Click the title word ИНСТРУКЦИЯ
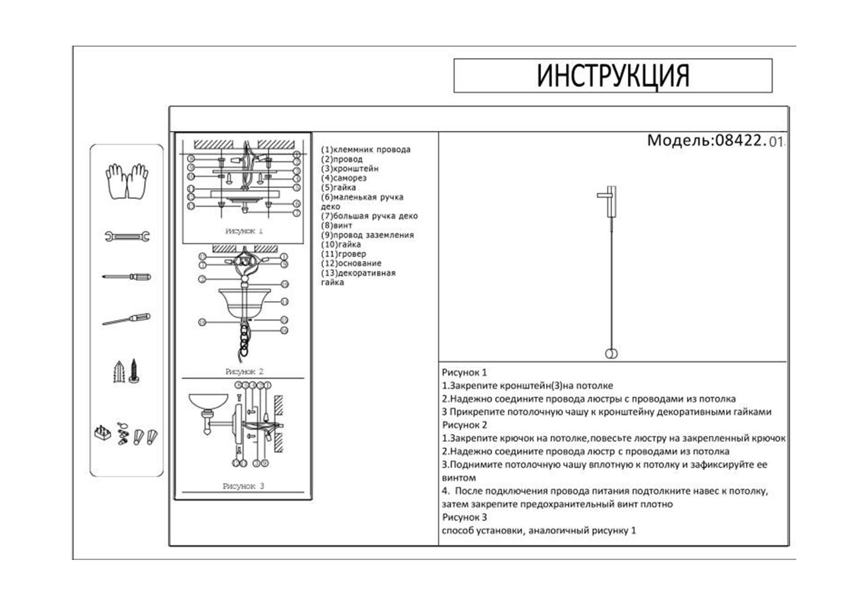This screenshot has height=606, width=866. click(x=613, y=76)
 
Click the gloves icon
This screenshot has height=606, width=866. click(x=127, y=180)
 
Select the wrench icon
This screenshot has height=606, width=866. click(x=127, y=236)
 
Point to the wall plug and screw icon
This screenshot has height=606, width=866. click(x=127, y=371)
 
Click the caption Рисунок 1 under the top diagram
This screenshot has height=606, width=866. click(x=244, y=231)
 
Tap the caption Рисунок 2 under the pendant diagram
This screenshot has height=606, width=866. click(x=244, y=371)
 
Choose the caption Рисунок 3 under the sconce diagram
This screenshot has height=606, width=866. click(x=243, y=486)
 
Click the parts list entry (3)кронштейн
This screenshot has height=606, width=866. click(x=350, y=168)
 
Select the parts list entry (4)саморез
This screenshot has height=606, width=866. click(x=344, y=178)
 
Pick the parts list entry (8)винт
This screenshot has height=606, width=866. click(x=336, y=225)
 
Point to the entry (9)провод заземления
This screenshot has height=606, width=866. click(x=367, y=235)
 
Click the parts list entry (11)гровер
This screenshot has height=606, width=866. click(x=344, y=254)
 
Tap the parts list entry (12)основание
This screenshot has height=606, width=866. click(x=351, y=264)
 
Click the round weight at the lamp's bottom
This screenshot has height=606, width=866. click(x=611, y=355)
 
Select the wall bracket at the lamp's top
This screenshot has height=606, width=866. click(x=608, y=202)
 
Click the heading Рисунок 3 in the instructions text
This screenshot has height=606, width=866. click(x=464, y=518)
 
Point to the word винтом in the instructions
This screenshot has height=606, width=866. click(x=459, y=478)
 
